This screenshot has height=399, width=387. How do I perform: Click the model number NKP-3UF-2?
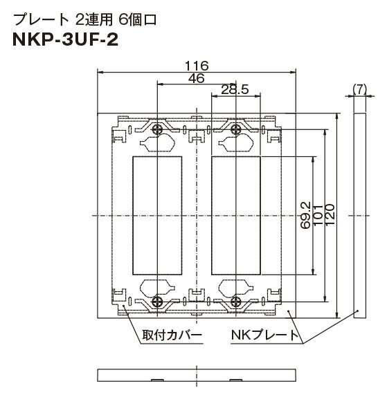coord(65,40)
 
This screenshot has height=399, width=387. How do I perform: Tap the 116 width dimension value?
coord(197,66)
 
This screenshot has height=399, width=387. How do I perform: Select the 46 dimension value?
coord(197,78)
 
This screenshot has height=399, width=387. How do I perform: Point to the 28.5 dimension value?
coord(235,90)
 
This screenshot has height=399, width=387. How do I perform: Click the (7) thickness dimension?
coord(360,89)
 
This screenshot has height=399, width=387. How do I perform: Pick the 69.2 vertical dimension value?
coord(305,215)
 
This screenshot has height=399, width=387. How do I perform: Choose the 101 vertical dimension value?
coord(318,215)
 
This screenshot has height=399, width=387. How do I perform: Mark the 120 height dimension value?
coord(330,214)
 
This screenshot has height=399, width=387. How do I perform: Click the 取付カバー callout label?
coord(172,335)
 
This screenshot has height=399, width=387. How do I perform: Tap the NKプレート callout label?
coord(265,335)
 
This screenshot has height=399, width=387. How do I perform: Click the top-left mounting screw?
coord(158,129)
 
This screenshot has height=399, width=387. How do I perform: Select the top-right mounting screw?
coord(236,129)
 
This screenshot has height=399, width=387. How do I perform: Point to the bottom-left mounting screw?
coord(157,301)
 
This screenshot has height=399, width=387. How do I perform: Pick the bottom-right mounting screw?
coord(236,301)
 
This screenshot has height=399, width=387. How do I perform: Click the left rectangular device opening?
coord(157,216)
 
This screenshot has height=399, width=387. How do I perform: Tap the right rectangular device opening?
coord(236,216)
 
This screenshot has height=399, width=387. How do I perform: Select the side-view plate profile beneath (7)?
coord(360,216)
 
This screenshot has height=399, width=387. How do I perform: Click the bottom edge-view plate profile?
coord(197,375)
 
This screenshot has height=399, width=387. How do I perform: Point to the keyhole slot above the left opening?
coord(157,142)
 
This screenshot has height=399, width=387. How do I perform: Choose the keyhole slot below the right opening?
coord(236,288)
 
